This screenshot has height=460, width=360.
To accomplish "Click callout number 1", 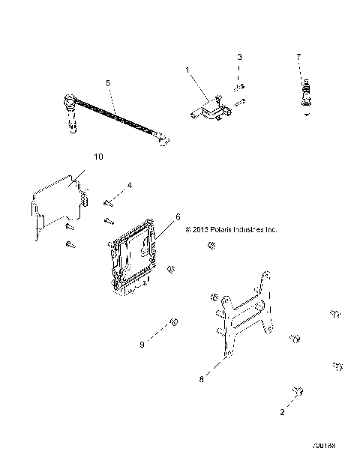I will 188,69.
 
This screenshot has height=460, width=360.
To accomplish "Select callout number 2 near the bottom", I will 283,411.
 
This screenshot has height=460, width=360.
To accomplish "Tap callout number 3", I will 239,57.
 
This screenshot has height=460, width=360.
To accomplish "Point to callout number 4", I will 129,184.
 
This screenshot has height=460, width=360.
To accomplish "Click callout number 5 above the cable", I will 108,83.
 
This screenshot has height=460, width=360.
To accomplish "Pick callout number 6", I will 178,217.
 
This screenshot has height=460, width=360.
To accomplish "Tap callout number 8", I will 201,380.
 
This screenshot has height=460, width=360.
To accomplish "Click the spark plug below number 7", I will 304,97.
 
